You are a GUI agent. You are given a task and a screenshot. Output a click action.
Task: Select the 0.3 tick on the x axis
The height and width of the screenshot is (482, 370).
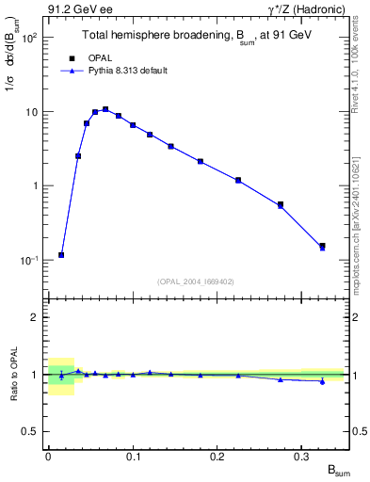pyautogui.click(x=301, y=456)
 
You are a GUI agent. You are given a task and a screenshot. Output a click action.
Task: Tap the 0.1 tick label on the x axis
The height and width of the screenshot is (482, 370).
pyautogui.click(x=133, y=456)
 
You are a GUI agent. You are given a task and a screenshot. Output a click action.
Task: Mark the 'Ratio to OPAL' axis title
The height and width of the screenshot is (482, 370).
pyautogui.click(x=13, y=378)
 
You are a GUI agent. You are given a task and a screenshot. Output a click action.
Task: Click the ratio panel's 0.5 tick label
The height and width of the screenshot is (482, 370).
pyautogui.click(x=31, y=431)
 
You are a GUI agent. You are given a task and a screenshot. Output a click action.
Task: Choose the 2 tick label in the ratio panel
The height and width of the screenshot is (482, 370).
pyautogui.click(x=35, y=317)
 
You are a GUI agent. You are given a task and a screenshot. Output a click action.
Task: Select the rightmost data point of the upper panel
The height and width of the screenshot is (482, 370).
pyautogui.click(x=322, y=247)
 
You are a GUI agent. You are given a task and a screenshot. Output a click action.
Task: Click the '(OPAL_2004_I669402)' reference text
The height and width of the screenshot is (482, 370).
pyautogui.click(x=196, y=281)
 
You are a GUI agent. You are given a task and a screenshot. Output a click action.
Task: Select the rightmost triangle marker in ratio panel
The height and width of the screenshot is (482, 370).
pyautogui.click(x=322, y=381)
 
